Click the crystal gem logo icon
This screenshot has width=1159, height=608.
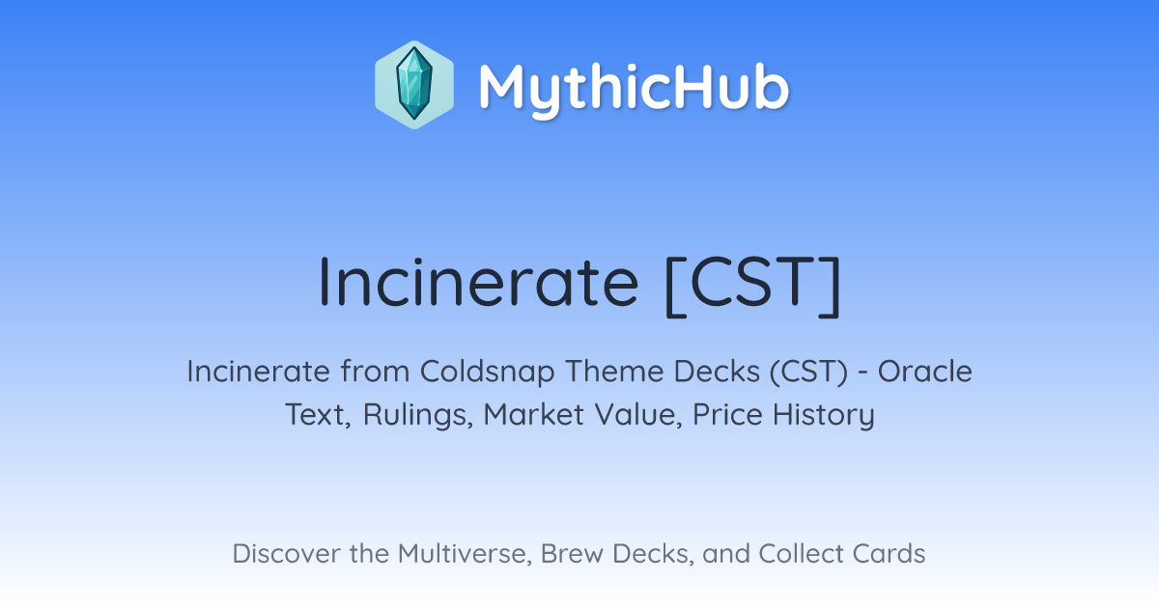pyautogui.click(x=414, y=85)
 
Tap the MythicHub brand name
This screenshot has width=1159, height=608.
pyautogui.click(x=634, y=89)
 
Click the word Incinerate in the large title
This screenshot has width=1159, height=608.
pyautogui.click(x=479, y=283)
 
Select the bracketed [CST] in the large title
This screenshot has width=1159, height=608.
pyautogui.click(x=752, y=286)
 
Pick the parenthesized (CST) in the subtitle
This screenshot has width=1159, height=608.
pyautogui.click(x=808, y=372)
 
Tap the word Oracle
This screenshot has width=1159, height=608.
pyautogui.click(x=925, y=371)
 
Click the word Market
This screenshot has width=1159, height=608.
pyautogui.click(x=533, y=414)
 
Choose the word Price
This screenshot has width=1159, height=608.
pyautogui.click(x=727, y=414)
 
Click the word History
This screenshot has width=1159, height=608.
pyautogui.click(x=824, y=415)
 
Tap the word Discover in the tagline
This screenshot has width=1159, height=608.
pyautogui.click(x=286, y=553)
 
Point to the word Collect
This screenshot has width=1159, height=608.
pyautogui.click(x=801, y=553)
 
